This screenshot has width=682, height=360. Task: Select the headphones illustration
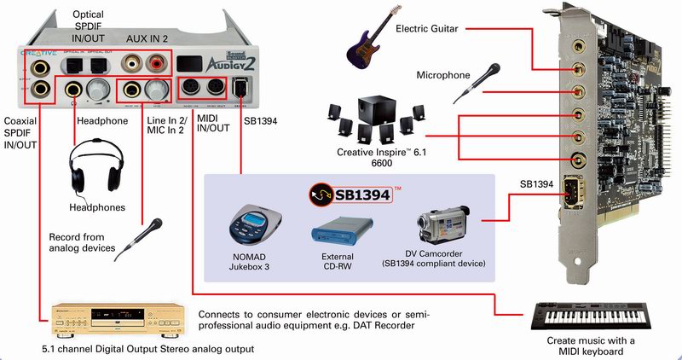[95, 168]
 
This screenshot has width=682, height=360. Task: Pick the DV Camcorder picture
[440, 224]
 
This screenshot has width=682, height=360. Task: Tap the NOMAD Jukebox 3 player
[255, 224]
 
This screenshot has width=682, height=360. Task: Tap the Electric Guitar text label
[427, 29]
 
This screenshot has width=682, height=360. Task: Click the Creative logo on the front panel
[38, 52]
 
